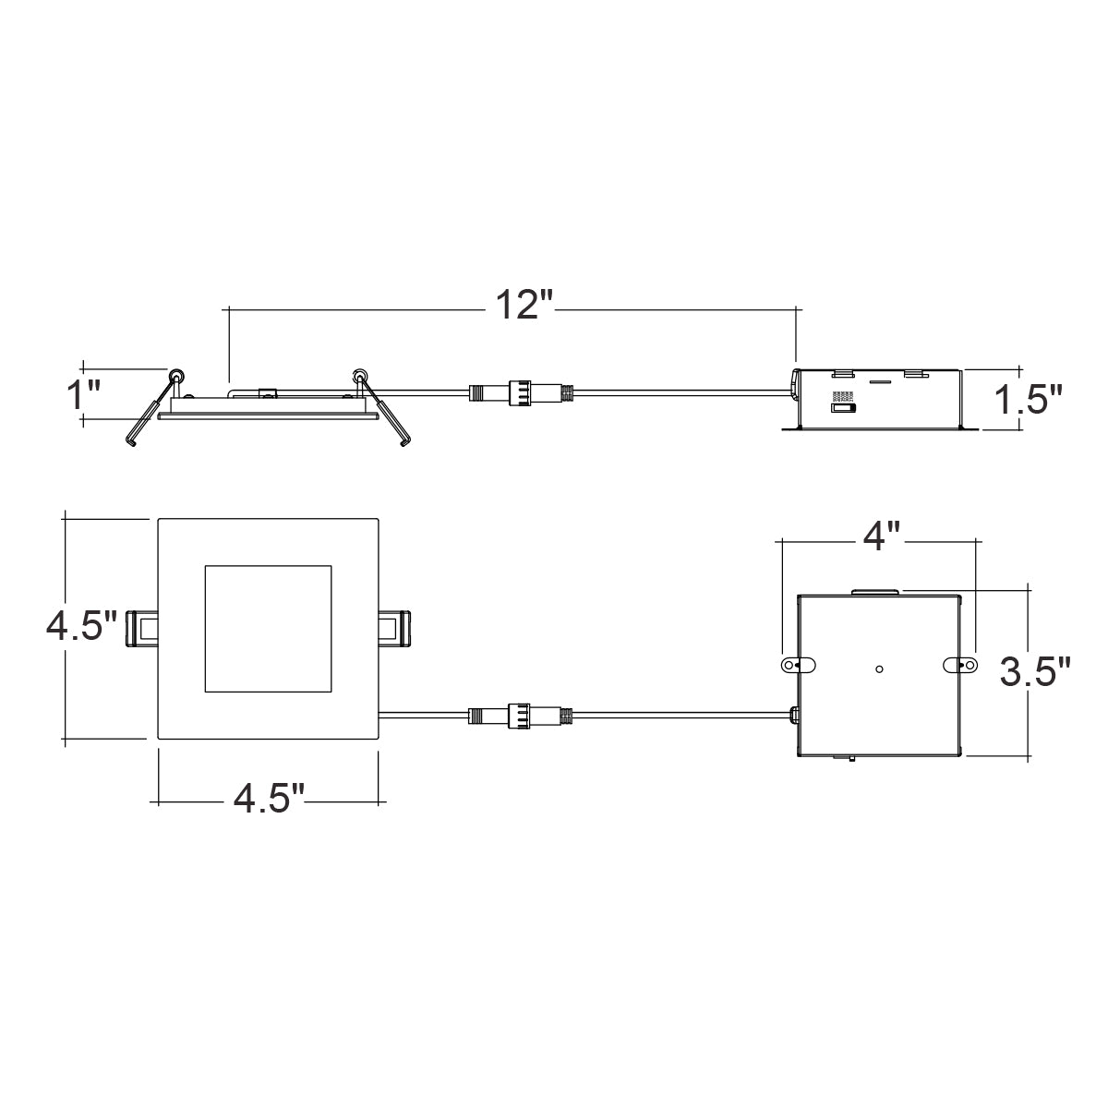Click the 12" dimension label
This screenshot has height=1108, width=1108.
[x=524, y=306]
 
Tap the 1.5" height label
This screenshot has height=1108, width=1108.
[x=1029, y=400]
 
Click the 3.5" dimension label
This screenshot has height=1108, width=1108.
[x=1035, y=672]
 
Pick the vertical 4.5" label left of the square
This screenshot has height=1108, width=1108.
[x=81, y=626]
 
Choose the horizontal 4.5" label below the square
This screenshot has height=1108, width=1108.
[x=269, y=800]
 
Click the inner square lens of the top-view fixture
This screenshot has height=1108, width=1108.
[x=268, y=629]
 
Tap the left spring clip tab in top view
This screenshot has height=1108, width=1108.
[x=141, y=629]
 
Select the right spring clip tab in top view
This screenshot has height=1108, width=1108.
[x=394, y=629]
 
